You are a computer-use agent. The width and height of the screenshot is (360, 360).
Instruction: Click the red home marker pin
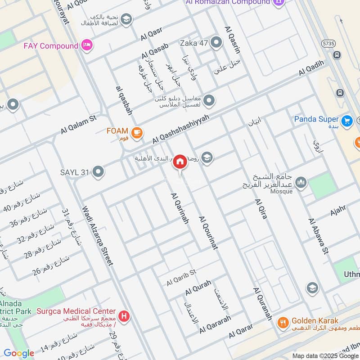pyautogui.click(x=180, y=162)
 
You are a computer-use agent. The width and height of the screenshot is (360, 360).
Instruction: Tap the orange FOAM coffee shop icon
pyautogui.click(x=137, y=132)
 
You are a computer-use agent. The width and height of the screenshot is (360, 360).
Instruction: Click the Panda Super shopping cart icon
pyautogui.click(x=346, y=121)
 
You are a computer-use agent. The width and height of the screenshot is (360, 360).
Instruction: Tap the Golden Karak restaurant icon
pyautogui.click(x=283, y=321)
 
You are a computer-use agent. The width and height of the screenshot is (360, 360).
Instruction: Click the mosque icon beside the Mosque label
pyautogui.click(x=301, y=182)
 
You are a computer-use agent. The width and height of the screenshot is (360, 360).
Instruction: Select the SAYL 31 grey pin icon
pyautogui.click(x=98, y=171)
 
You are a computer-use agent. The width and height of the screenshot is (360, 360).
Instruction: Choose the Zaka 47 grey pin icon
pyautogui.click(x=216, y=43)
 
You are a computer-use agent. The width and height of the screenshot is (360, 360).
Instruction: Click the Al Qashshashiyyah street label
pyautogui.click(x=181, y=128)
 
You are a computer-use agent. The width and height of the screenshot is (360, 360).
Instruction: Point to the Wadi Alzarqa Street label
pyautogui.click(x=97, y=235)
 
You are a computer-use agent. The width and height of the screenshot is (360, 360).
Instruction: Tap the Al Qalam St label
pyautogui.click(x=79, y=125)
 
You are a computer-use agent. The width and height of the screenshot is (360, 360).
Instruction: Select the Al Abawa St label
pyautogui.click(x=318, y=237)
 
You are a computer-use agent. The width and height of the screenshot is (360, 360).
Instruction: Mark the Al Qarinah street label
pyautogui.click(x=180, y=208)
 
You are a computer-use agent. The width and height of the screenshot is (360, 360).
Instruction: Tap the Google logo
pyautogui.click(x=18, y=353)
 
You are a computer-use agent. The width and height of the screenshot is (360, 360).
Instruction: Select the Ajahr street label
pyautogui.click(x=338, y=210)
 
